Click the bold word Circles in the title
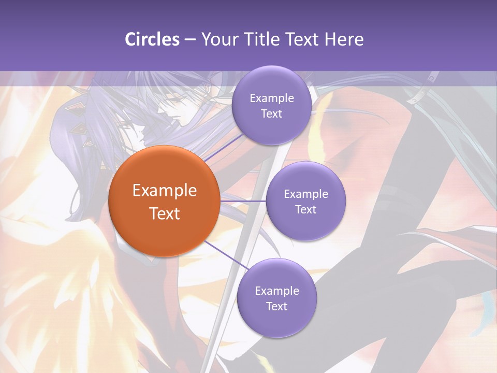tap(152, 39)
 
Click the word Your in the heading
tap(219, 39)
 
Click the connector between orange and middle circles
tap(243, 200)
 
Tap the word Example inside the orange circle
tap(165, 191)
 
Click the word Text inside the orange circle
tap(165, 213)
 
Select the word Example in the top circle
tap(272, 98)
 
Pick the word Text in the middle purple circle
tap(305, 210)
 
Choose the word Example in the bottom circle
tap(277, 291)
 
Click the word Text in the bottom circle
tap(276, 307)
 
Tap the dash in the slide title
tap(190, 40)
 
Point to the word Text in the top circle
tap(271, 114)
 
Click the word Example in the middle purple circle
tap(306, 194)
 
